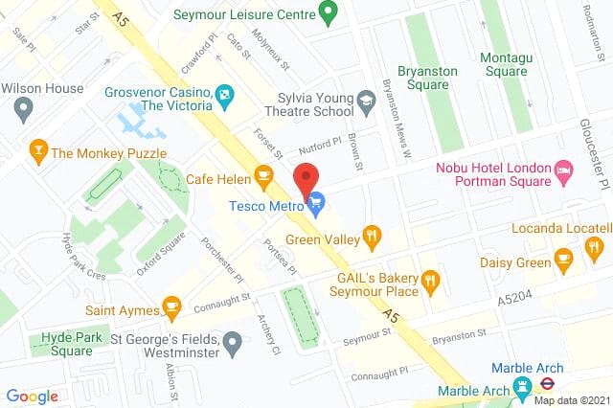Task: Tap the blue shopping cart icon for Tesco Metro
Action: click(316, 200)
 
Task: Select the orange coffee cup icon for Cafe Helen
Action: click(262, 175)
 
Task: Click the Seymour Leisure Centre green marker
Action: click(329, 13)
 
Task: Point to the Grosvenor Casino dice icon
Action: click(223, 94)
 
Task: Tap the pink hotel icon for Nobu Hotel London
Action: click(565, 174)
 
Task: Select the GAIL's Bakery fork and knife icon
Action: click(430, 280)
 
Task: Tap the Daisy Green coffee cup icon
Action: click(564, 259)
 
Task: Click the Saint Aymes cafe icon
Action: click(171, 307)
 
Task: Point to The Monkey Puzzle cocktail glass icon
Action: click(37, 151)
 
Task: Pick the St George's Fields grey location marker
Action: click(232, 340)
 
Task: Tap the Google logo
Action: click(32, 396)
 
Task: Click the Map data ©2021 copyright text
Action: click(571, 399)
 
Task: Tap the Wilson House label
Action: click(44, 87)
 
